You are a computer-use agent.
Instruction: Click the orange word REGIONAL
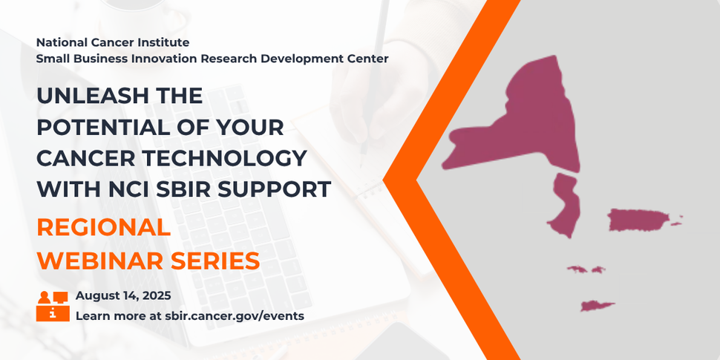103,227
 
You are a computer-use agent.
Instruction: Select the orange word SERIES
215,261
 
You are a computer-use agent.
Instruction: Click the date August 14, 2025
123,295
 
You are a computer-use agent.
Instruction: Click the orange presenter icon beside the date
52,306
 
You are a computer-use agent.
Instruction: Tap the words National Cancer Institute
113,42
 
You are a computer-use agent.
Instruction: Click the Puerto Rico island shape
639,220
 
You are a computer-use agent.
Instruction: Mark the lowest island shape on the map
598,305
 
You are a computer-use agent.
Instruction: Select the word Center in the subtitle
369,58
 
